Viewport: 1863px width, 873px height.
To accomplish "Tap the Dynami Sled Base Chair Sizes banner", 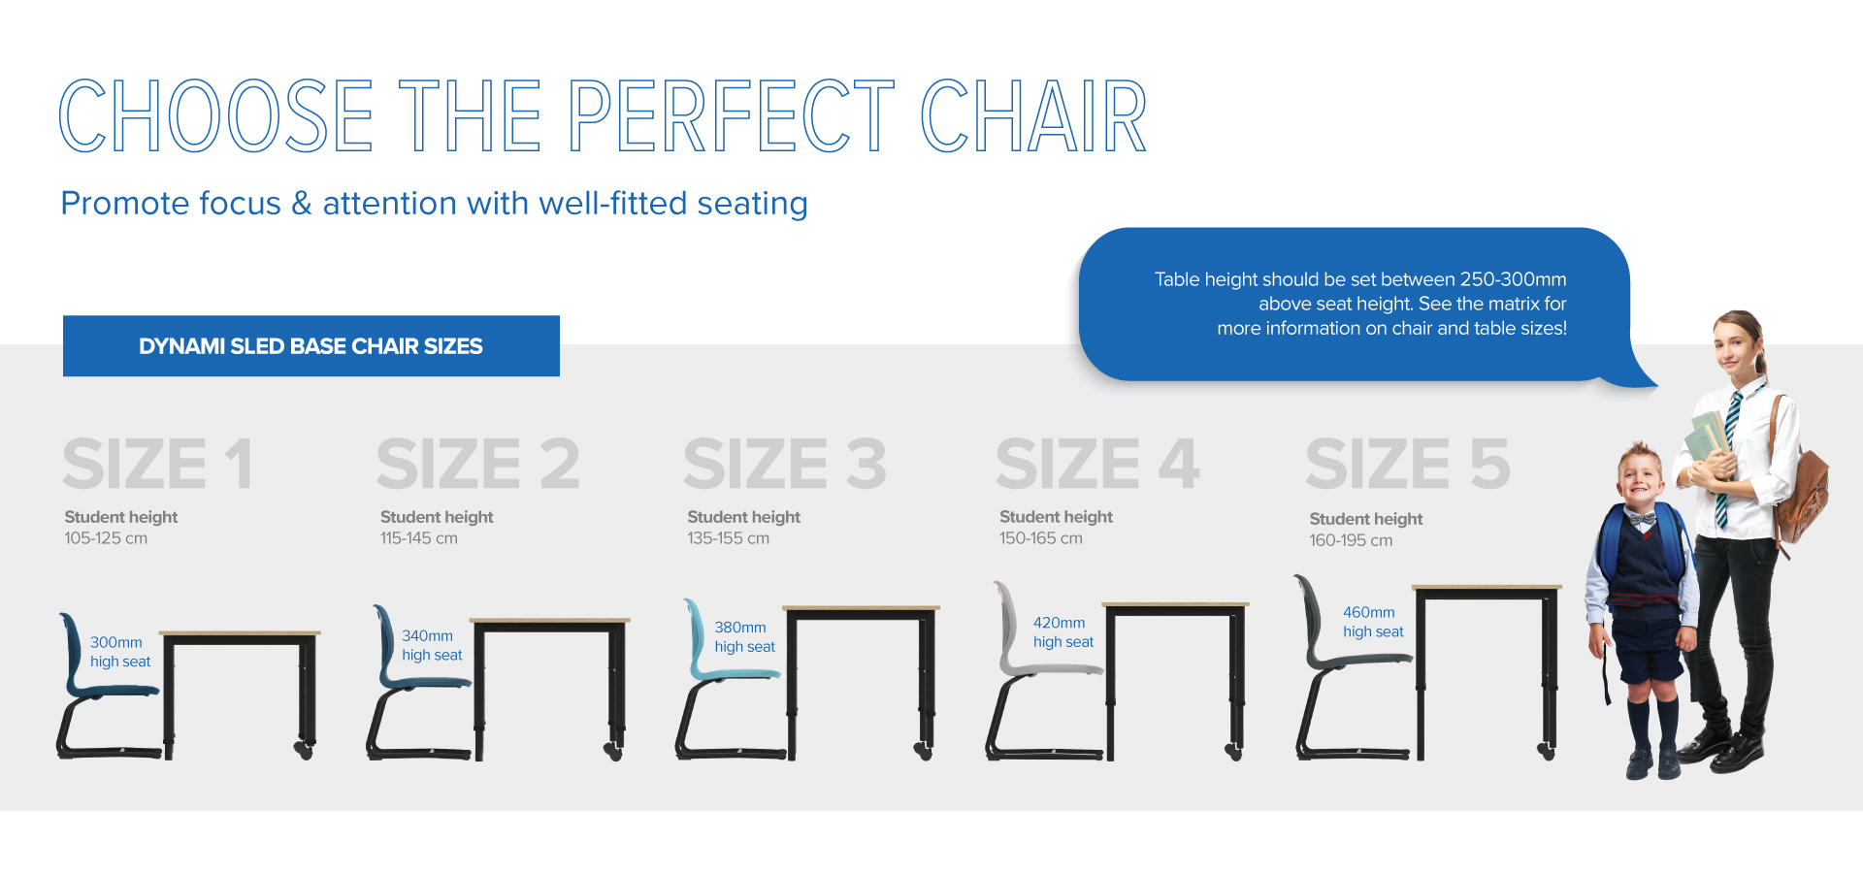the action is (311, 346).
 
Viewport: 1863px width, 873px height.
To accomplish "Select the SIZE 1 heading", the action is (158, 464).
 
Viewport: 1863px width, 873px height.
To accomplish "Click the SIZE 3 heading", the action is (785, 464).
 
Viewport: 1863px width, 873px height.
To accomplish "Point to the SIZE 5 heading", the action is (1408, 464).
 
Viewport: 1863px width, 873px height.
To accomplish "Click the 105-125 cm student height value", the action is (107, 538).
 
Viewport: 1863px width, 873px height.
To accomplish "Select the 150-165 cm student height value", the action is (1041, 538).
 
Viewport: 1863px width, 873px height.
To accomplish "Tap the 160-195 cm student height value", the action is (1351, 540).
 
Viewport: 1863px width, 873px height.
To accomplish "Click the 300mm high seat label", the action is (120, 652).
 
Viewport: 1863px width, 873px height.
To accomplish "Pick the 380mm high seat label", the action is (745, 637).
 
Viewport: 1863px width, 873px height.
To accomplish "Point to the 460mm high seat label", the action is (1373, 622).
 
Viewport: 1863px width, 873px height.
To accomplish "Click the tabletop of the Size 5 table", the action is (1487, 588).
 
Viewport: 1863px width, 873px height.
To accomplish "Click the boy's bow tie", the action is (1642, 519).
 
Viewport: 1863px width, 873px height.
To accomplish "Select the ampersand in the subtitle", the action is (302, 204).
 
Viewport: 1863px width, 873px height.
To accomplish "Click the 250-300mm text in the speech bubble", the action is (1513, 279).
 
